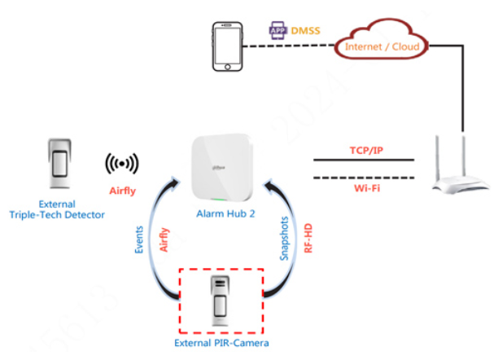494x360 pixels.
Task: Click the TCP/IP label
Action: pyautogui.click(x=363, y=151)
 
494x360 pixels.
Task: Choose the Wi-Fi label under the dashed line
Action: pyautogui.click(x=363, y=187)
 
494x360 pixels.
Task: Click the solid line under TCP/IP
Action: pyautogui.click(x=363, y=161)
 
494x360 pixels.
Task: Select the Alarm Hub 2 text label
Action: pyautogui.click(x=225, y=213)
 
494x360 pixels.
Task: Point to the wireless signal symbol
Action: pyautogui.click(x=122, y=164)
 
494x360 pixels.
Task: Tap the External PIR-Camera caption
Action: pyautogui.click(x=221, y=343)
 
